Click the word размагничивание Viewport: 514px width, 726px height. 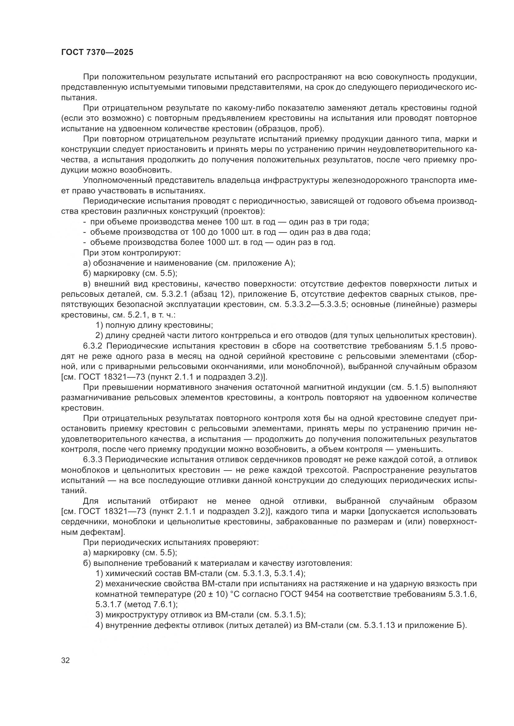click(x=97, y=398)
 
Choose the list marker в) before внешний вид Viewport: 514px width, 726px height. click(x=87, y=284)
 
